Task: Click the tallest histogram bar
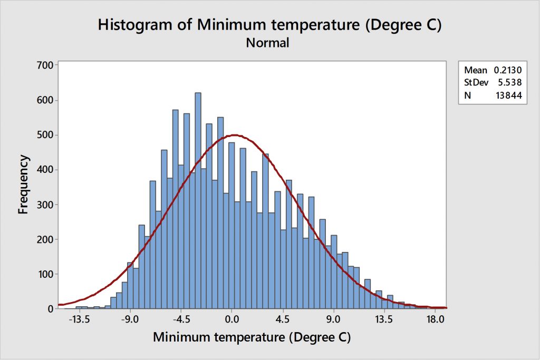198,200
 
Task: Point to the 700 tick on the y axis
44,65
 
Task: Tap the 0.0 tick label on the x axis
232,319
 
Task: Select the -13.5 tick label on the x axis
80,319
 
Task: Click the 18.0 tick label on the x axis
435,319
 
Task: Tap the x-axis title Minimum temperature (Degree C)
252,336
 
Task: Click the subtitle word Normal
268,43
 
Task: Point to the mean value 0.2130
507,70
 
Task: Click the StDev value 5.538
509,82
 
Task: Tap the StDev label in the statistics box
476,82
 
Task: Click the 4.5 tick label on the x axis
283,319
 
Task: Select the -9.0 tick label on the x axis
131,319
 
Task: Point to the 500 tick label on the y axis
44,135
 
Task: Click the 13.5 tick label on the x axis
384,319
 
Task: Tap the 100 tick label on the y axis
44,274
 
